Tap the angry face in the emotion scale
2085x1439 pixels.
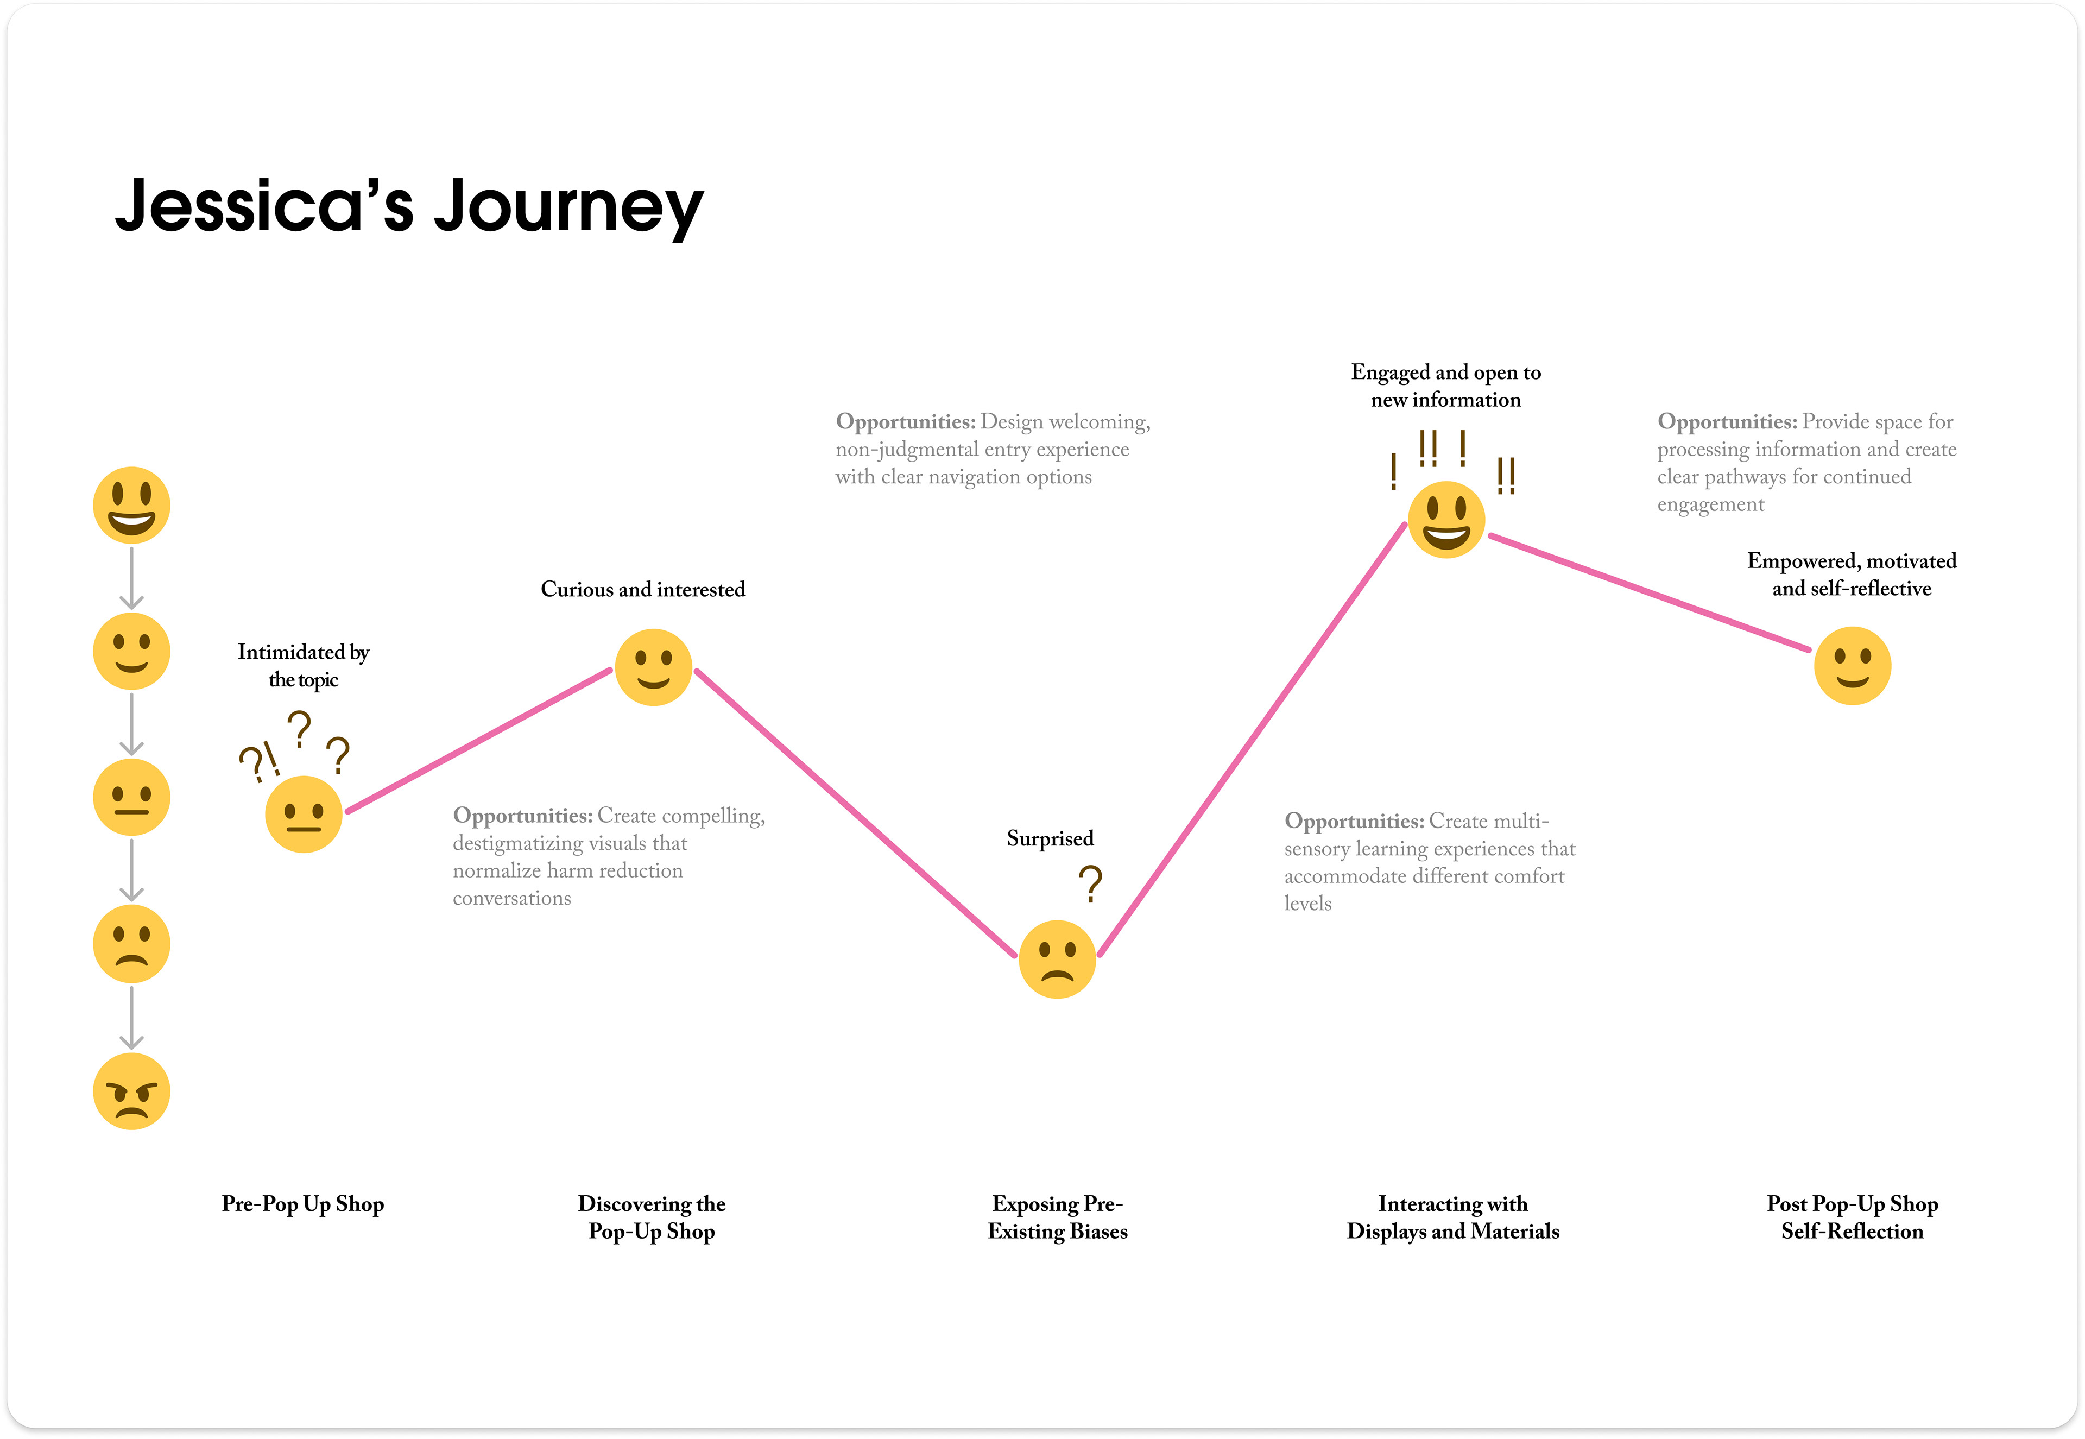click(x=131, y=1091)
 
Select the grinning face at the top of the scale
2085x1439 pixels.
click(x=131, y=505)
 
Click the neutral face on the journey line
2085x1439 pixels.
click(x=304, y=814)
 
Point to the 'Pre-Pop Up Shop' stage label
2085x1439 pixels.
click(x=303, y=1204)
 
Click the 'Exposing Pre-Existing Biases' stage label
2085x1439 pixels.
click(x=1057, y=1217)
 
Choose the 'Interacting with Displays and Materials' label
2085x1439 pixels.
click(x=1452, y=1217)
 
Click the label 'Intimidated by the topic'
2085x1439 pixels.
click(x=303, y=665)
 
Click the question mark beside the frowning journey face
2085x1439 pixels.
click(x=1091, y=885)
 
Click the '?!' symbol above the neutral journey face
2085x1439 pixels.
click(x=258, y=763)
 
